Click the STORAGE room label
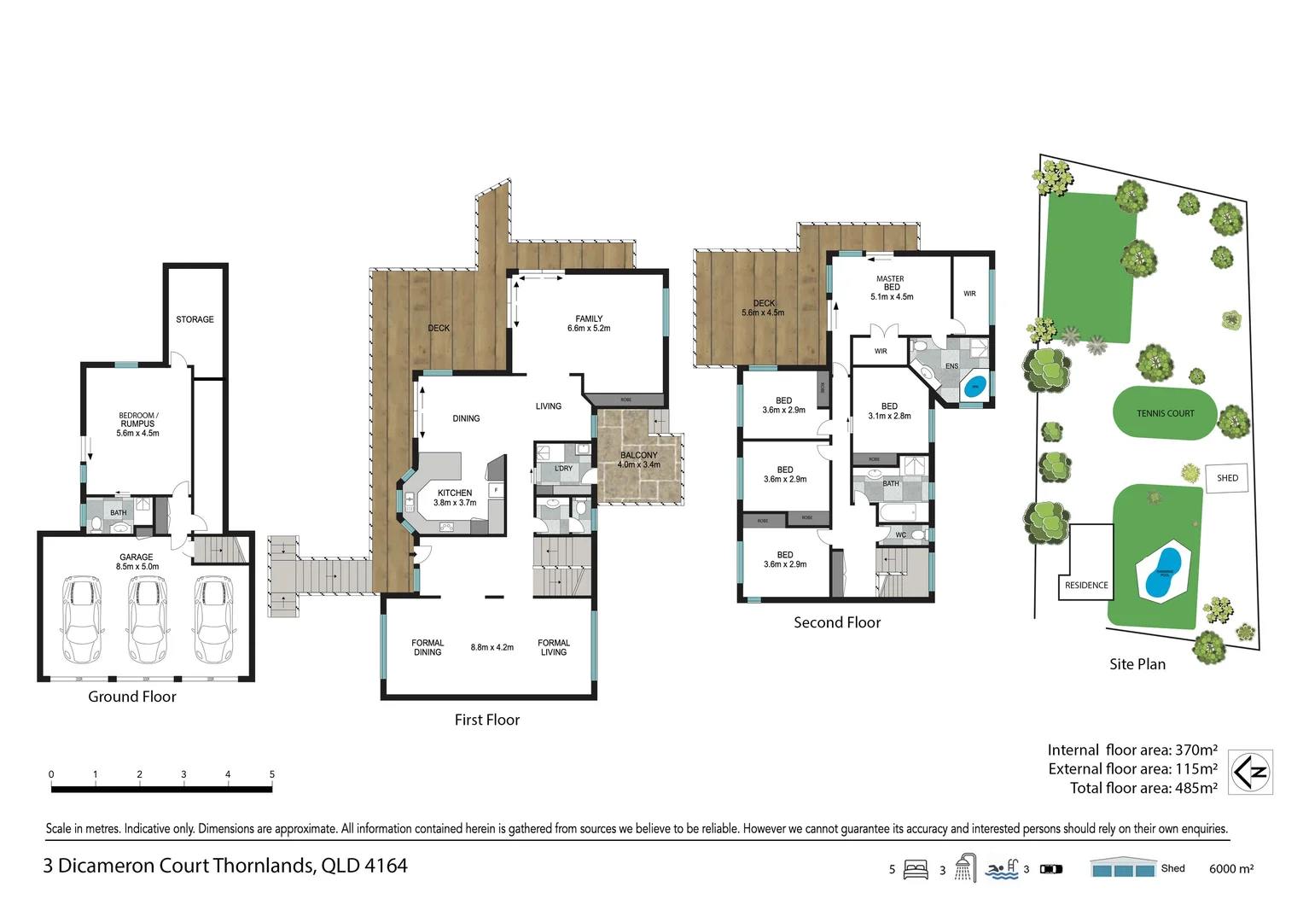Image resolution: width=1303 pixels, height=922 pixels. point(195,319)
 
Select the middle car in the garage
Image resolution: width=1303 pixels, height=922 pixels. point(147,620)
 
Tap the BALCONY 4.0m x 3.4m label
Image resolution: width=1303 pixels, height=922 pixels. point(639,460)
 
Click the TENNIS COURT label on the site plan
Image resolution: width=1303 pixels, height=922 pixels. point(1165,413)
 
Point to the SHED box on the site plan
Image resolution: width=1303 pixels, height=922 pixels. point(1227,478)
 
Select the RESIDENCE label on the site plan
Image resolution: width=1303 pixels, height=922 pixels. point(1086,586)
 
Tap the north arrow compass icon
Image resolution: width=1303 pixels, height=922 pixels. point(1250,773)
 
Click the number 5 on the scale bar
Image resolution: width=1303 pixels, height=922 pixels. point(272,774)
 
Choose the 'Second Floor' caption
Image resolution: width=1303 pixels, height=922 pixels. point(836,622)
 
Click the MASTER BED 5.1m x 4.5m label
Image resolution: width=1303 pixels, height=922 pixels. point(891,288)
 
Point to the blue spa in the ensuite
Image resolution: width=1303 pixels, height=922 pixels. point(974,386)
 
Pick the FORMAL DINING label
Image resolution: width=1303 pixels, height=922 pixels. point(428,647)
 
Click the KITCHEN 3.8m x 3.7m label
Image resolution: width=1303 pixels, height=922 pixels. point(455,498)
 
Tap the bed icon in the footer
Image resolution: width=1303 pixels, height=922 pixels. point(916,870)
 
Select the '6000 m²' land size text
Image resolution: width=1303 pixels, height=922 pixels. point(1230,869)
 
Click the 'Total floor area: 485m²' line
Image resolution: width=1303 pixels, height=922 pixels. point(1143,788)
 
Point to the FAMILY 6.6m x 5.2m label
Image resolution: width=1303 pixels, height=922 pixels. point(589,324)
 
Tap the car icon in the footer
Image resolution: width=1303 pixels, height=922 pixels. point(1051,869)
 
